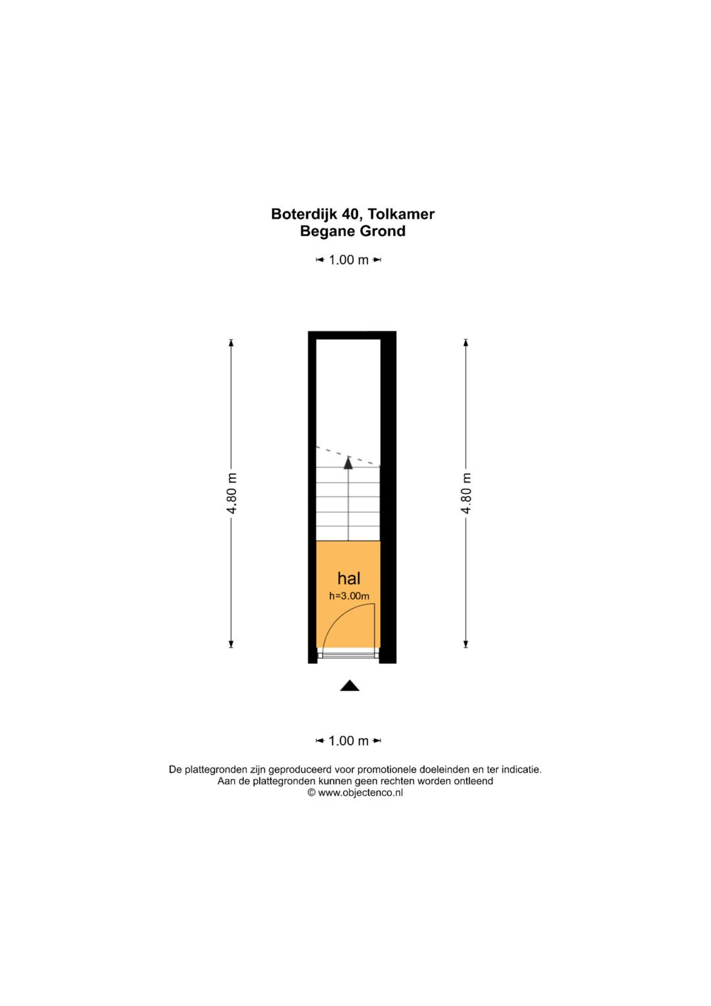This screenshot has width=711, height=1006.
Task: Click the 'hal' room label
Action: pyautogui.click(x=349, y=578)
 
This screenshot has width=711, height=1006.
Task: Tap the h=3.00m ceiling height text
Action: pyautogui.click(x=349, y=596)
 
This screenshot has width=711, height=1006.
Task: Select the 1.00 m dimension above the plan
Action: pyautogui.click(x=349, y=260)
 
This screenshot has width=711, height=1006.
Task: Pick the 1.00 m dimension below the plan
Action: pyautogui.click(x=349, y=741)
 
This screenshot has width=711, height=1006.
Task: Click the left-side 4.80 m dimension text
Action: pyautogui.click(x=231, y=493)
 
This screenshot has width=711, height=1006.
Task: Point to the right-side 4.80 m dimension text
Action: pyautogui.click(x=466, y=493)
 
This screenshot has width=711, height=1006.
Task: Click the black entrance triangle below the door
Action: pyautogui.click(x=349, y=685)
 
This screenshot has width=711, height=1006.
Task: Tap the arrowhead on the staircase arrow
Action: pyautogui.click(x=348, y=462)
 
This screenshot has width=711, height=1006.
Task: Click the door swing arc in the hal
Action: pyautogui.click(x=339, y=615)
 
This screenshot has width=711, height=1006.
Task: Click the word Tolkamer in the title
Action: pyautogui.click(x=401, y=213)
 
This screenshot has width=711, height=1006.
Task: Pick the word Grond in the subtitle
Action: pyautogui.click(x=384, y=231)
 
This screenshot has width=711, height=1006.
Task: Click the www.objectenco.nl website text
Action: pyautogui.click(x=360, y=793)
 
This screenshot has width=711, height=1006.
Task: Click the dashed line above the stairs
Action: pyautogui.click(x=348, y=457)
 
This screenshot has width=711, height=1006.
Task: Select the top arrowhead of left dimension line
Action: pyautogui.click(x=231, y=343)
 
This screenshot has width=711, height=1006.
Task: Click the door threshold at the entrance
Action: pyautogui.click(x=348, y=656)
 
